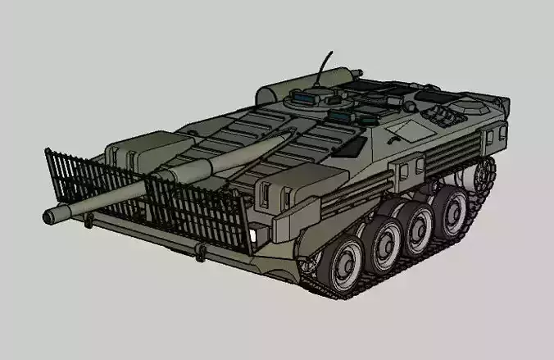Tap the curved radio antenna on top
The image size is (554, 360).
click(x=324, y=65)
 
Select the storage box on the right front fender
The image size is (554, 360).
click(x=287, y=193)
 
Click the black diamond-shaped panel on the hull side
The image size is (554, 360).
click(x=351, y=147)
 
